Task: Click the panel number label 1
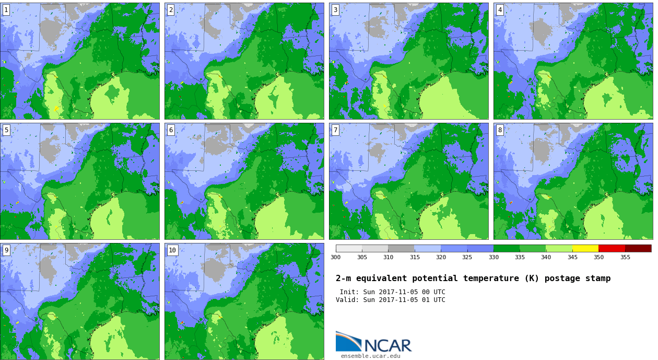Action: [x=6, y=10]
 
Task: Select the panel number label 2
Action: [x=171, y=10]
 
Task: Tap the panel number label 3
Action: [x=335, y=10]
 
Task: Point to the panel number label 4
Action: [x=500, y=10]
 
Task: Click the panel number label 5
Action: [x=6, y=130]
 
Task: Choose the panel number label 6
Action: [x=171, y=130]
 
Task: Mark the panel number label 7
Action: [x=335, y=130]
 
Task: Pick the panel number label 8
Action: [x=500, y=130]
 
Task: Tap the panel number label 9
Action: [x=6, y=250]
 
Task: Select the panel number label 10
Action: [x=172, y=250]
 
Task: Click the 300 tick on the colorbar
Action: [x=335, y=257]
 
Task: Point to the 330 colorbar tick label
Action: [x=494, y=257]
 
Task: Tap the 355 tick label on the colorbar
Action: [x=625, y=257]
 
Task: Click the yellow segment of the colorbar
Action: [x=585, y=248]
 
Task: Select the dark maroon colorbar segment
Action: [x=638, y=248]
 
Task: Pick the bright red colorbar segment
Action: [x=612, y=248]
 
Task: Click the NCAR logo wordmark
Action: [x=387, y=345]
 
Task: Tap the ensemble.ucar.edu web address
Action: [x=370, y=356]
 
